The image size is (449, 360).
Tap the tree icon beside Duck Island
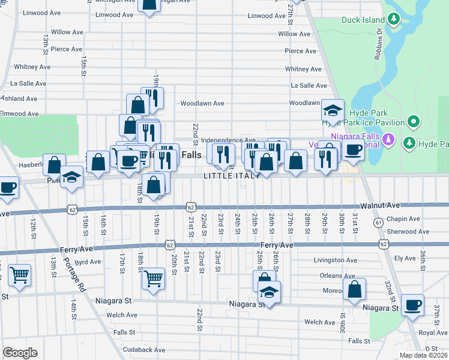[394, 19]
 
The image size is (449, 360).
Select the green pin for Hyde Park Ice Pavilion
[413, 123]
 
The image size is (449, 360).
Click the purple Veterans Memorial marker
[389, 140]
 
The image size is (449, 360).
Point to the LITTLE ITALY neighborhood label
[231, 176]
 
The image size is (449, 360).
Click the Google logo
[20, 353]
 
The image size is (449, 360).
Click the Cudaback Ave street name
[143, 350]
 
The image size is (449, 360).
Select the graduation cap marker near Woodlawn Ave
[333, 110]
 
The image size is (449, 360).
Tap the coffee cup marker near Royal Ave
[412, 305]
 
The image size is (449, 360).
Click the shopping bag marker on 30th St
[355, 289]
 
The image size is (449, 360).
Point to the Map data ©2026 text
[423, 355]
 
